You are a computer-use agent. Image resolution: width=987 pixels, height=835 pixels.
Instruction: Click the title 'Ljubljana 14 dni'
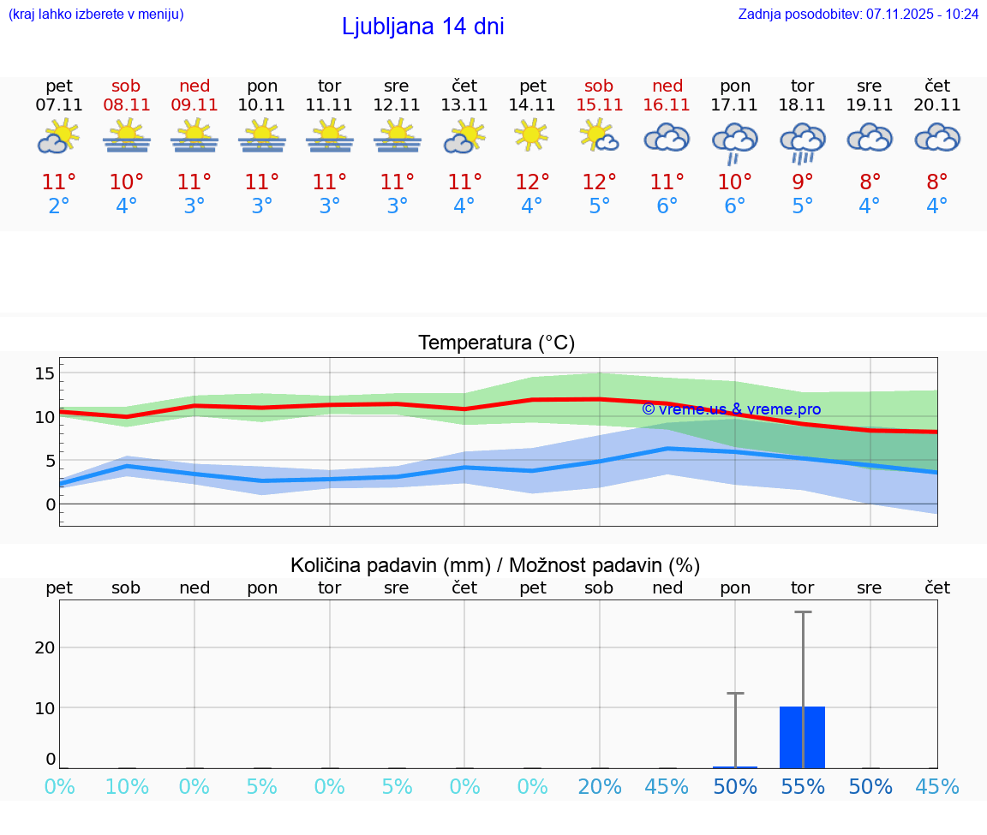click(422, 27)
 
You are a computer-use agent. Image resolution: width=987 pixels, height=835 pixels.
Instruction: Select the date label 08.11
click(126, 104)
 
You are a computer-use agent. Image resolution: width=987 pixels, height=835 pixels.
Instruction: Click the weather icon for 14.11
click(532, 134)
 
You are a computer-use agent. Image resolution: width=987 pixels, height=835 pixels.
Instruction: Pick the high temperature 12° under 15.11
click(599, 182)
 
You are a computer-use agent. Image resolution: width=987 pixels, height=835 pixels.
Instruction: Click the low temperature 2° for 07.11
click(59, 206)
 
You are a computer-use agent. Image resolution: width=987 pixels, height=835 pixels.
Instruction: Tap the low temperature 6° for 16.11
click(667, 206)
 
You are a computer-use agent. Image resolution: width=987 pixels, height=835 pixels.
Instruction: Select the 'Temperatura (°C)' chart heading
click(496, 343)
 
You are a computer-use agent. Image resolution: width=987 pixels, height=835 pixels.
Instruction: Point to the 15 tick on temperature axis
click(45, 373)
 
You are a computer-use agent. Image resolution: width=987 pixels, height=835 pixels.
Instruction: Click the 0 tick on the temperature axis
click(51, 504)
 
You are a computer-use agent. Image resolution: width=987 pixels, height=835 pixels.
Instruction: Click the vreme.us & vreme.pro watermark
click(731, 409)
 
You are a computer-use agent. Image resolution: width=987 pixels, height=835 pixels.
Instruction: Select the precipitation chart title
click(495, 565)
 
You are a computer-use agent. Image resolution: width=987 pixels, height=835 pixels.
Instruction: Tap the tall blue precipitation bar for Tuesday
click(802, 737)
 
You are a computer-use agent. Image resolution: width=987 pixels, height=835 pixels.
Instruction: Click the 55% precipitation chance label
click(802, 786)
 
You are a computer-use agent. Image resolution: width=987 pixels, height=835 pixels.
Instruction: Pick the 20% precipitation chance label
click(599, 786)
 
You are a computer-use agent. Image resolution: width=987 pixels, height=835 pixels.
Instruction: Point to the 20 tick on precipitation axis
click(45, 647)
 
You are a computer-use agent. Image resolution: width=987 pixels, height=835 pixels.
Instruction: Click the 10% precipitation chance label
click(126, 786)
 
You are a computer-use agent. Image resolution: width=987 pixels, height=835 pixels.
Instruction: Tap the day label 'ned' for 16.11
click(667, 86)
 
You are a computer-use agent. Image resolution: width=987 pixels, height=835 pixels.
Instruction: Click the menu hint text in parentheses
click(95, 14)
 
